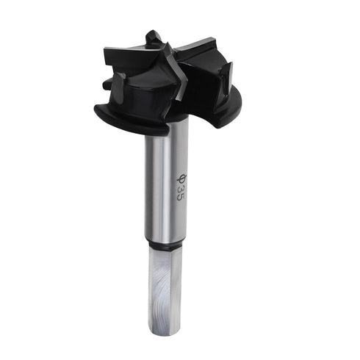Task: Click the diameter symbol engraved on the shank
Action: (x=180, y=179)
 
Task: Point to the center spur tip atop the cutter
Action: (x=152, y=35)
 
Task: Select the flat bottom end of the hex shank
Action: (x=165, y=333)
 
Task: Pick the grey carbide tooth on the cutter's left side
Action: (x=118, y=79)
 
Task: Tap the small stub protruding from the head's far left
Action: (x=107, y=84)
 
